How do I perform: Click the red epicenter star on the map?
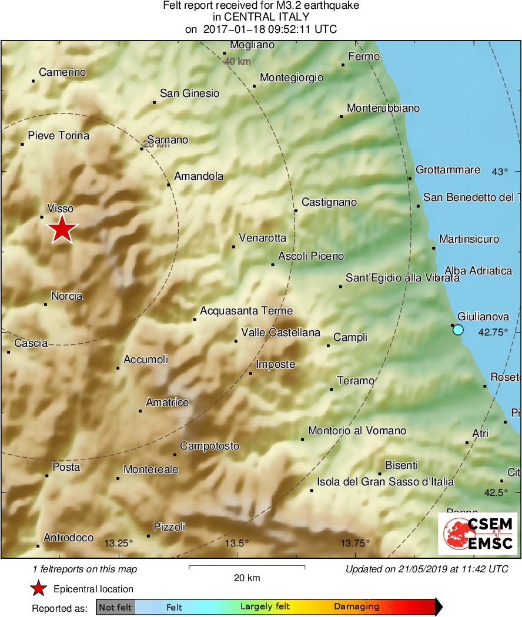62,229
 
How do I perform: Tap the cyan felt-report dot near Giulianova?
458,330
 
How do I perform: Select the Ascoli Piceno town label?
311,256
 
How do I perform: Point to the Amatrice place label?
167,403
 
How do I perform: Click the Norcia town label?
66,296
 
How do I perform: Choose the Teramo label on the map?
356,381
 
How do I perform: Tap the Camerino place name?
62,72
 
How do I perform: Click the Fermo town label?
364,56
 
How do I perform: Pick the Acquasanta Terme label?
246,311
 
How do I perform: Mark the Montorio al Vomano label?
357,431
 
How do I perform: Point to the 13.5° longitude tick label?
237,542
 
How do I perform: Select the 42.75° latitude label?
493,332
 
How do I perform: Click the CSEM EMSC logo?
477,533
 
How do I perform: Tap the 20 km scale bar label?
247,578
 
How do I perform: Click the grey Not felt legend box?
115,607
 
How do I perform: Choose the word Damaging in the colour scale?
356,607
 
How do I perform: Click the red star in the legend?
39,589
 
